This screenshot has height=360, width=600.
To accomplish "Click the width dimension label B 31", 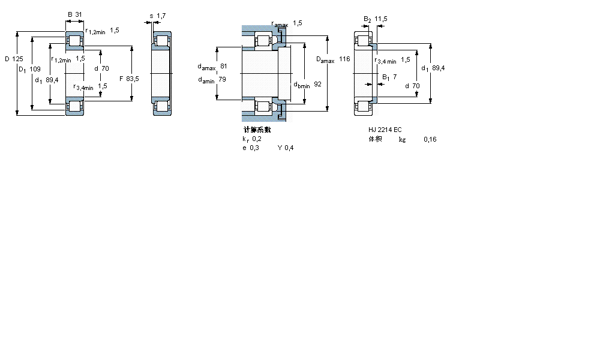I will [x=75, y=14].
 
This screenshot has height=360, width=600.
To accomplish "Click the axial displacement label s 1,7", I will [x=157, y=15].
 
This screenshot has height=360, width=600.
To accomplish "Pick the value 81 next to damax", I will [x=224, y=66].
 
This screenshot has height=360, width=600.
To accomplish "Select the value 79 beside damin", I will [x=222, y=79].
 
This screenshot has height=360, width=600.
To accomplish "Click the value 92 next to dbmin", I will [x=317, y=85].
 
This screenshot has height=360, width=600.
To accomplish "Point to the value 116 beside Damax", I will [x=344, y=59].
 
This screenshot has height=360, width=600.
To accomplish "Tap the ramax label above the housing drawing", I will [x=280, y=24].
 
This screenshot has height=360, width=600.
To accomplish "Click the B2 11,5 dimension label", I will [x=376, y=19].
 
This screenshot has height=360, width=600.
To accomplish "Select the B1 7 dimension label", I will [x=390, y=77].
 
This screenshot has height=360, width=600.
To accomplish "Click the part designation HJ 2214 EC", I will [x=385, y=130].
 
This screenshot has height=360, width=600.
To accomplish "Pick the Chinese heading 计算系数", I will [x=257, y=130].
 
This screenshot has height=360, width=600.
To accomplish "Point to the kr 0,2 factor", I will [x=252, y=139].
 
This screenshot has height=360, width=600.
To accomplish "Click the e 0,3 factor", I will [x=251, y=148].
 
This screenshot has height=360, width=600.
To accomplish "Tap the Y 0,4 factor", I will [x=286, y=148].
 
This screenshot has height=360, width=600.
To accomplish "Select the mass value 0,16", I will [x=430, y=139].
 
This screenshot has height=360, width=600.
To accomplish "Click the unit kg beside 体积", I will [x=402, y=140].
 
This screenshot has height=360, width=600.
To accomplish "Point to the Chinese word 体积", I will [x=375, y=139].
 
